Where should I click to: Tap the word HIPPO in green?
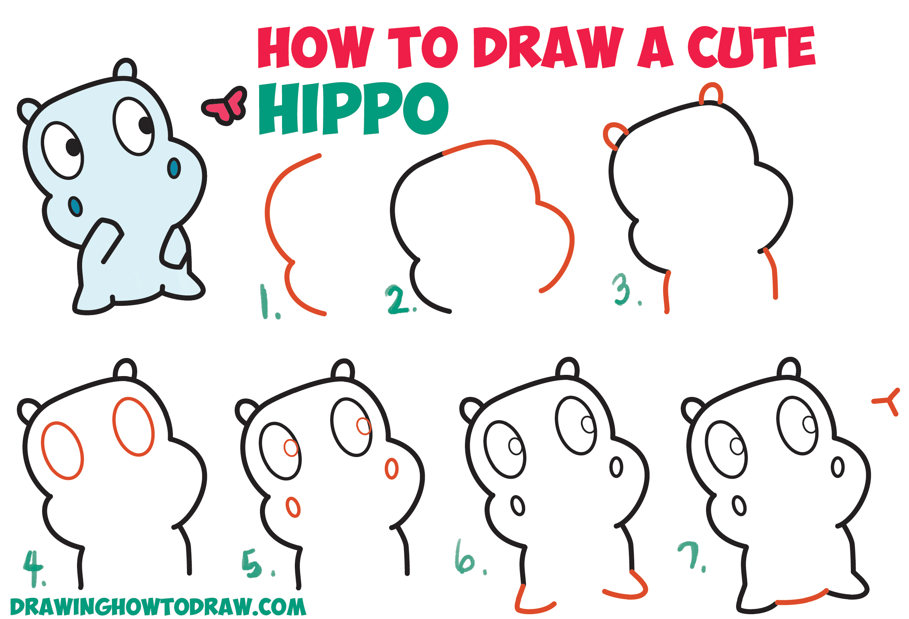pyautogui.click(x=353, y=109)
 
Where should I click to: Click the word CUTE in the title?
pyautogui.click(x=751, y=47)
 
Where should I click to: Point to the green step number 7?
pyautogui.click(x=691, y=555)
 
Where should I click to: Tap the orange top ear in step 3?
pyautogui.click(x=711, y=93)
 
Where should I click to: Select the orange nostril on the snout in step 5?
pyautogui.click(x=392, y=468)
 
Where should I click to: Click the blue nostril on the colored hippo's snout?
pyautogui.click(x=174, y=168)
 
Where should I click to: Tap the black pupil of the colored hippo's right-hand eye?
pyautogui.click(x=145, y=125)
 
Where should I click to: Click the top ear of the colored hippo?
pyautogui.click(x=125, y=69)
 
